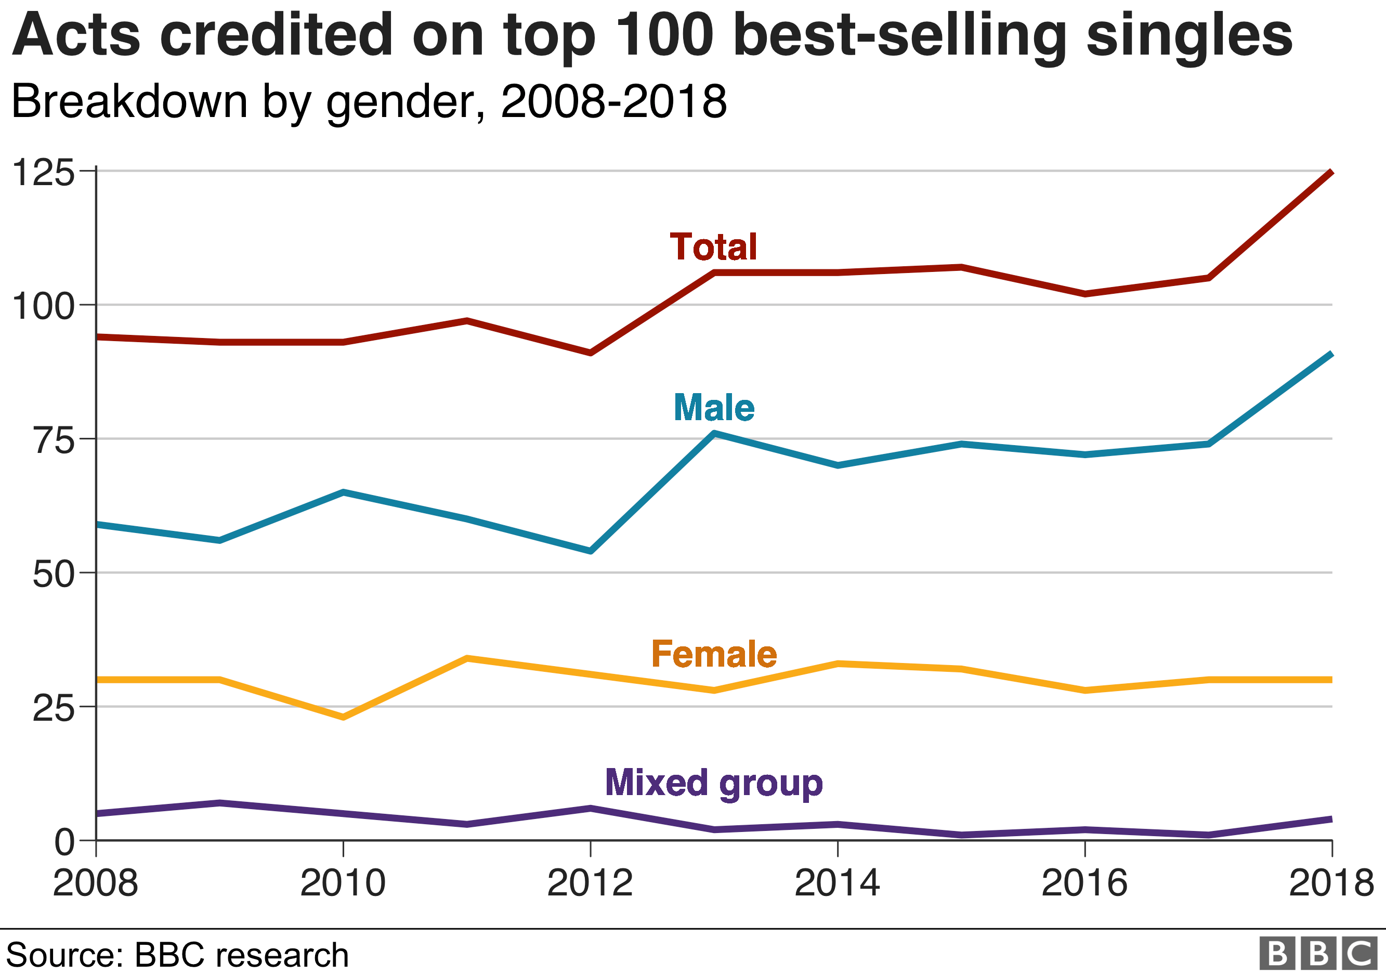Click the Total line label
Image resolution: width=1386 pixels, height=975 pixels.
pos(713,247)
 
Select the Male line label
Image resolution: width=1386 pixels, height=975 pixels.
pos(713,408)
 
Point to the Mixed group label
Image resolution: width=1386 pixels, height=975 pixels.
pos(713,783)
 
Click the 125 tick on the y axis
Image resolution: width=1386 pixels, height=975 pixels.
pos(44,173)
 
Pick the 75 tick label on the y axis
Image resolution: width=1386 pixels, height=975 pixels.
pos(54,441)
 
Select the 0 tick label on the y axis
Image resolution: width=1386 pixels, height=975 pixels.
pos(64,842)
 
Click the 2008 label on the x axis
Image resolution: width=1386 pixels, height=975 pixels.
pos(95,884)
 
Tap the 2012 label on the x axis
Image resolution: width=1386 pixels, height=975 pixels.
pos(590,884)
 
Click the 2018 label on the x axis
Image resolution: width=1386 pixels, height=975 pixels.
pos(1330,884)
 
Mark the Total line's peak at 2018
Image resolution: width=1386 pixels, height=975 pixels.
pos(1330,173)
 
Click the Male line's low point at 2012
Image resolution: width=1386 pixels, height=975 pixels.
pos(591,551)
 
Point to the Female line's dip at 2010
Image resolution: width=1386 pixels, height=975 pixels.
pos(343,717)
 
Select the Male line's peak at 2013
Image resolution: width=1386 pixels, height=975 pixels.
pos(714,433)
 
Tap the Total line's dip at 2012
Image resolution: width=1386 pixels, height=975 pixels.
pos(591,353)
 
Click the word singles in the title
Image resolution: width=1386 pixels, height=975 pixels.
pos(1188,36)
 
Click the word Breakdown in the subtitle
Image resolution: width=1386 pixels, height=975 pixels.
pos(129,101)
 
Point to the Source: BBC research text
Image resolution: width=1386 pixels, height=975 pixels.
pos(177,955)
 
